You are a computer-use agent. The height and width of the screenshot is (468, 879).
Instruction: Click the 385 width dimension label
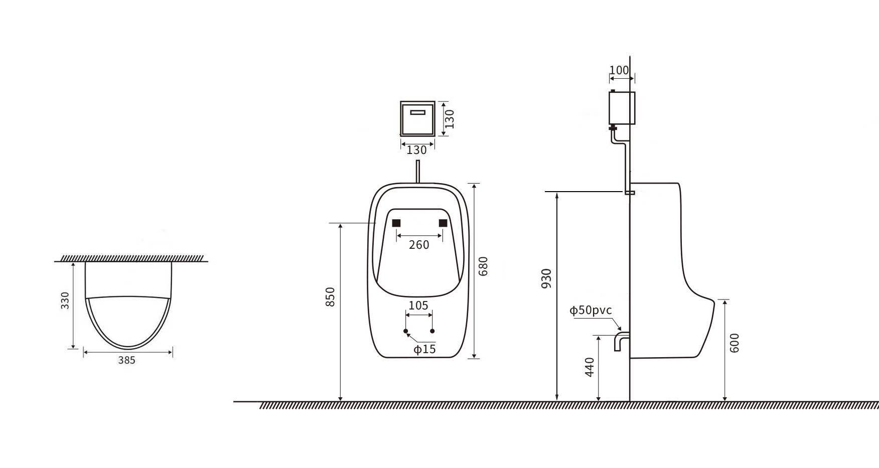tap(127, 360)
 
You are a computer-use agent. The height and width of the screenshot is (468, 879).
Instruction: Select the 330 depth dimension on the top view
tap(65, 300)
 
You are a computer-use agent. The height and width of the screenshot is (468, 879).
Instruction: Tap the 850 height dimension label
tap(330, 297)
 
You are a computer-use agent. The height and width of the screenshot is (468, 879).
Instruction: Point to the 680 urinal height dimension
tap(483, 266)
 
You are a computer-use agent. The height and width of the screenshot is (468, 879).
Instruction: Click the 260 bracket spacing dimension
tap(419, 245)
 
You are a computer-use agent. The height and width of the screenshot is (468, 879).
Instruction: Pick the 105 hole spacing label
tap(418, 305)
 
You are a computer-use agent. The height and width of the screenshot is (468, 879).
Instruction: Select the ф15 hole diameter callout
tap(424, 349)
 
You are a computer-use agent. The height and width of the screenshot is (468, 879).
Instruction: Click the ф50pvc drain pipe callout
tap(591, 310)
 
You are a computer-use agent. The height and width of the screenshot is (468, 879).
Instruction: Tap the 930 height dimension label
tap(546, 278)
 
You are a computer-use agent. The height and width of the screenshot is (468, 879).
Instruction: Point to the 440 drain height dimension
tap(590, 367)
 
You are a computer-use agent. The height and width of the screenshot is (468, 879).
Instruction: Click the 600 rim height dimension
tap(735, 343)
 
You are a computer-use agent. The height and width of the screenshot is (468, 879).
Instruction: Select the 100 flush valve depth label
tap(619, 70)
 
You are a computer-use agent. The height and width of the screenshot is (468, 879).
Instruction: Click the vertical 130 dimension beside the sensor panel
tap(450, 119)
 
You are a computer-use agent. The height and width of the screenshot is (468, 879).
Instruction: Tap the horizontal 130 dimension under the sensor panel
tap(416, 150)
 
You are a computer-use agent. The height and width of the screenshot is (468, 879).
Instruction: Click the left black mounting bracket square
tap(396, 223)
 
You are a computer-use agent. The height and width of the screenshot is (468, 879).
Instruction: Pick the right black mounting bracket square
tap(443, 223)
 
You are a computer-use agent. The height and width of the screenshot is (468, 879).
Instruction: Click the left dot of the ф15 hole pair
tap(406, 331)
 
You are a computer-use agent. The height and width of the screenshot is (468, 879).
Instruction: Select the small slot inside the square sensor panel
tap(417, 112)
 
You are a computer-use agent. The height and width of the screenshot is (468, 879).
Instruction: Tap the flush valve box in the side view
tap(622, 108)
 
